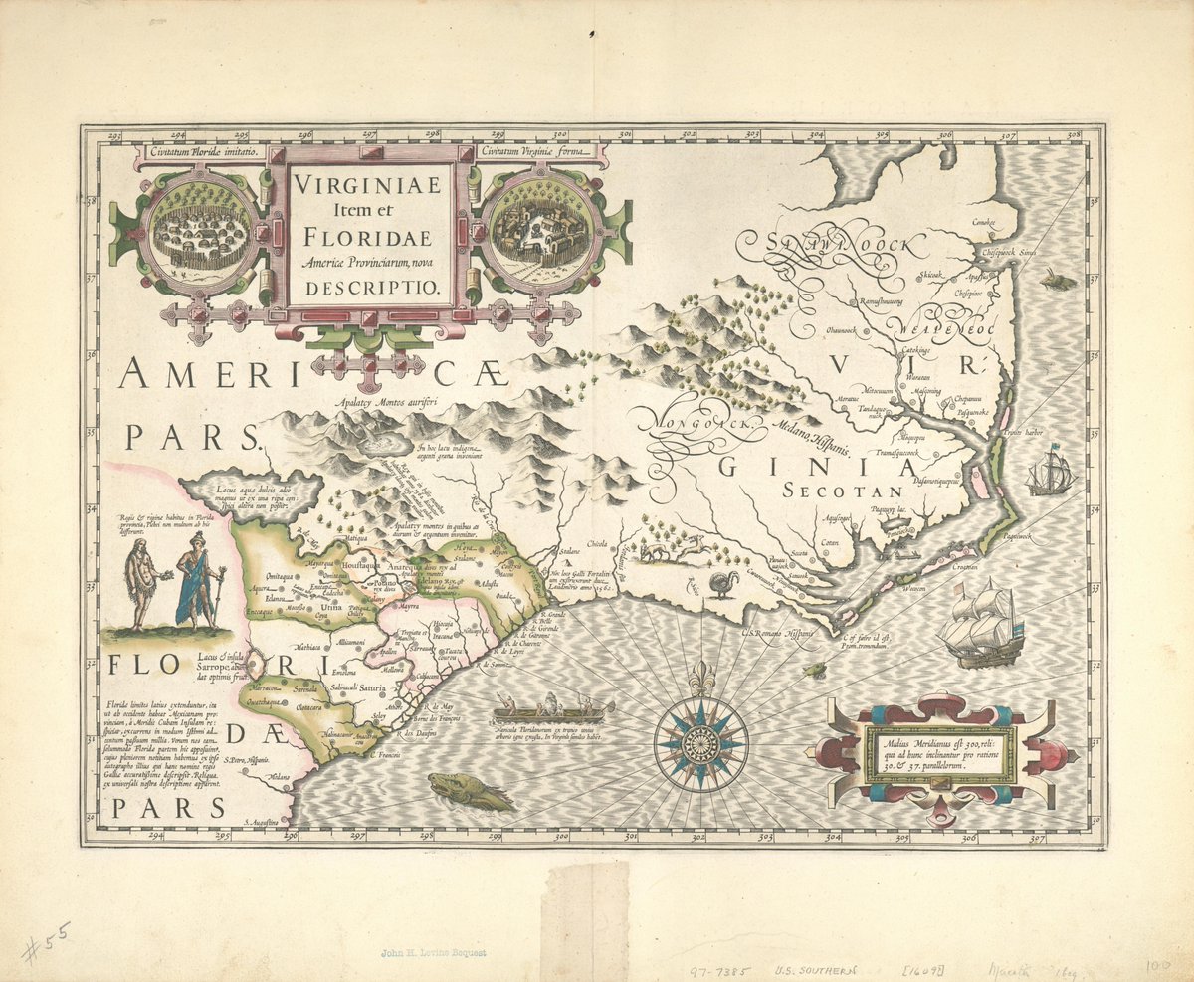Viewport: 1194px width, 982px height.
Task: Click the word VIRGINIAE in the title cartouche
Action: pos(370,186)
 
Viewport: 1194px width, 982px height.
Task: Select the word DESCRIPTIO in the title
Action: pos(370,286)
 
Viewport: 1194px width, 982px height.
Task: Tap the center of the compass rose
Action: pos(700,741)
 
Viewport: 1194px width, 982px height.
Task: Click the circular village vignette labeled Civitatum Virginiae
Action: pos(538,235)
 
